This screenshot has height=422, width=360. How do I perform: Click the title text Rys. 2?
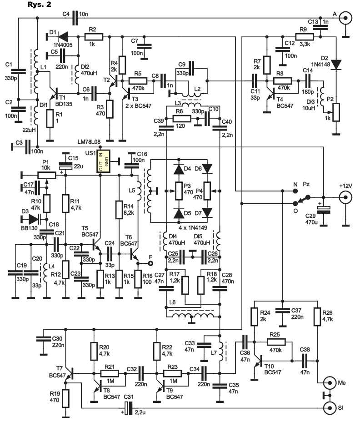pyautogui.click(x=39, y=4)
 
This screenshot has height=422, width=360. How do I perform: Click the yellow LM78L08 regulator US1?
pyautogui.click(x=103, y=161)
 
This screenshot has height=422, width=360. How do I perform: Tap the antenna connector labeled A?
pyautogui.click(x=345, y=18)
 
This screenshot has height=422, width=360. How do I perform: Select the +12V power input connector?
pyautogui.click(x=345, y=197)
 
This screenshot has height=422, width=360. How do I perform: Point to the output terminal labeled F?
pyautogui.click(x=151, y=263)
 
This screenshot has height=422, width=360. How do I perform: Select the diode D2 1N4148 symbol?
pyautogui.click(x=336, y=65)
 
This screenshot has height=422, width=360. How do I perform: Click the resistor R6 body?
pyautogui.click(x=182, y=118)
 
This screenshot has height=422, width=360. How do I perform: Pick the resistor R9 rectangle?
pyautogui.click(x=304, y=37)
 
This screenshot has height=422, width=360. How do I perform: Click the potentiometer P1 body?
pyautogui.click(x=46, y=176)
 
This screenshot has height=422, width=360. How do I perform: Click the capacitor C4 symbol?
pyautogui.click(x=75, y=18)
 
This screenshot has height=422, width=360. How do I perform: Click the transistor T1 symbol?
pyautogui.click(x=54, y=95)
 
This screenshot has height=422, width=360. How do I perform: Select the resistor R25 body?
pyautogui.click(x=276, y=342)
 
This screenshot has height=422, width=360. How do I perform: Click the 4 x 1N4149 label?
pyautogui.click(x=193, y=228)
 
